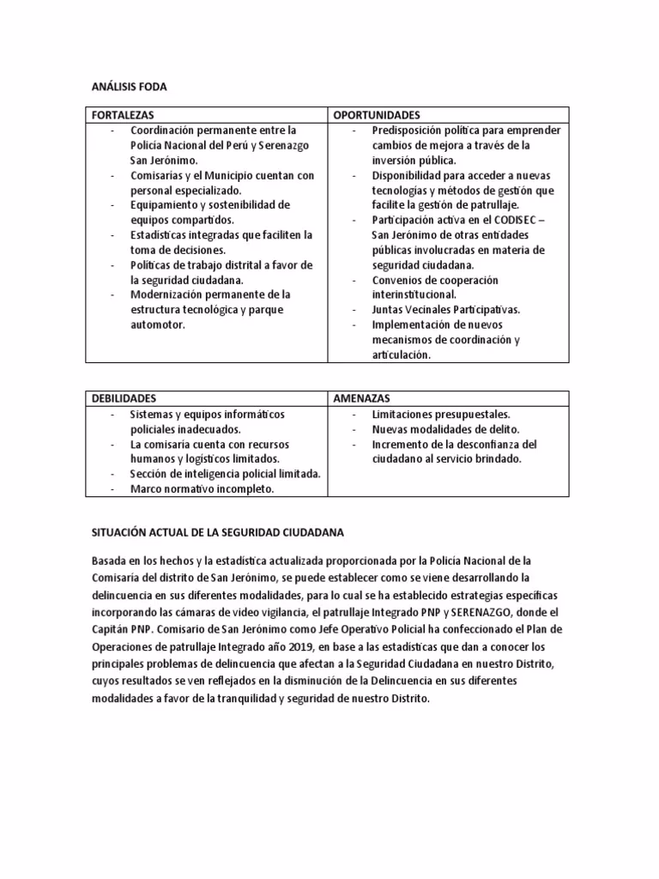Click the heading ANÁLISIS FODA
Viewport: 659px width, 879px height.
[130, 88]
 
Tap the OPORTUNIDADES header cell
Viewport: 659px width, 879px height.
[378, 115]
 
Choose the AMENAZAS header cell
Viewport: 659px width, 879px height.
[362, 399]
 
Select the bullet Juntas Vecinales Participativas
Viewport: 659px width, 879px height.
[445, 310]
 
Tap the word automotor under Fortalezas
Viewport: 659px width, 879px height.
[157, 325]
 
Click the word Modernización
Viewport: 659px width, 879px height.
[165, 294]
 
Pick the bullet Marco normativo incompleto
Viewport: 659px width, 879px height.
[202, 489]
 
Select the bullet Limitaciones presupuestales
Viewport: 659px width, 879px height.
[441, 415]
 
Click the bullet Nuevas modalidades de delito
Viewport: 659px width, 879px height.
[446, 429]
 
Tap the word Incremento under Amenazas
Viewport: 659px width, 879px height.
[399, 445]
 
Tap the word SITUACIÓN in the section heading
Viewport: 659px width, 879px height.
[119, 533]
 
